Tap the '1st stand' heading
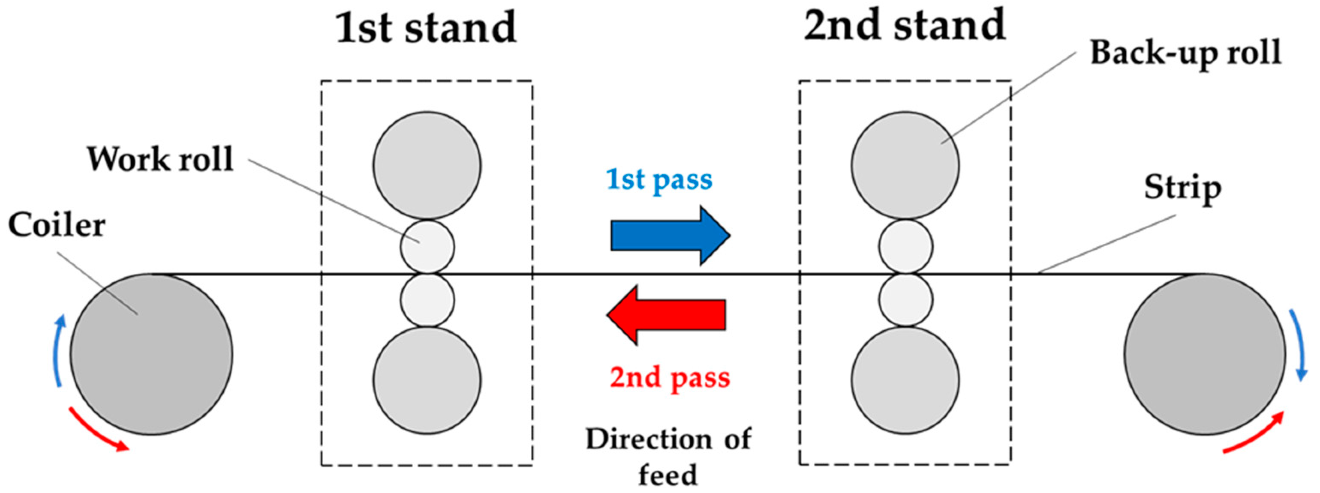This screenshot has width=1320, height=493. pyautogui.click(x=425, y=28)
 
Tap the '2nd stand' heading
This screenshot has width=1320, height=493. pyautogui.click(x=905, y=26)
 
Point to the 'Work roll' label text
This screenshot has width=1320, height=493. pyautogui.click(x=160, y=160)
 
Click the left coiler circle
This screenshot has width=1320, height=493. pyautogui.click(x=151, y=354)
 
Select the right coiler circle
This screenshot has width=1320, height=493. pyautogui.click(x=1205, y=354)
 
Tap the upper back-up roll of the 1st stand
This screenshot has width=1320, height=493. pyautogui.click(x=427, y=165)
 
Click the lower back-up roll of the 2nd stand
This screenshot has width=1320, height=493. pyautogui.click(x=905, y=380)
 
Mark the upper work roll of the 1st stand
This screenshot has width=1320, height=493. pyautogui.click(x=427, y=247)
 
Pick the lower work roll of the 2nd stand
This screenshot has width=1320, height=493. pyautogui.click(x=905, y=300)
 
